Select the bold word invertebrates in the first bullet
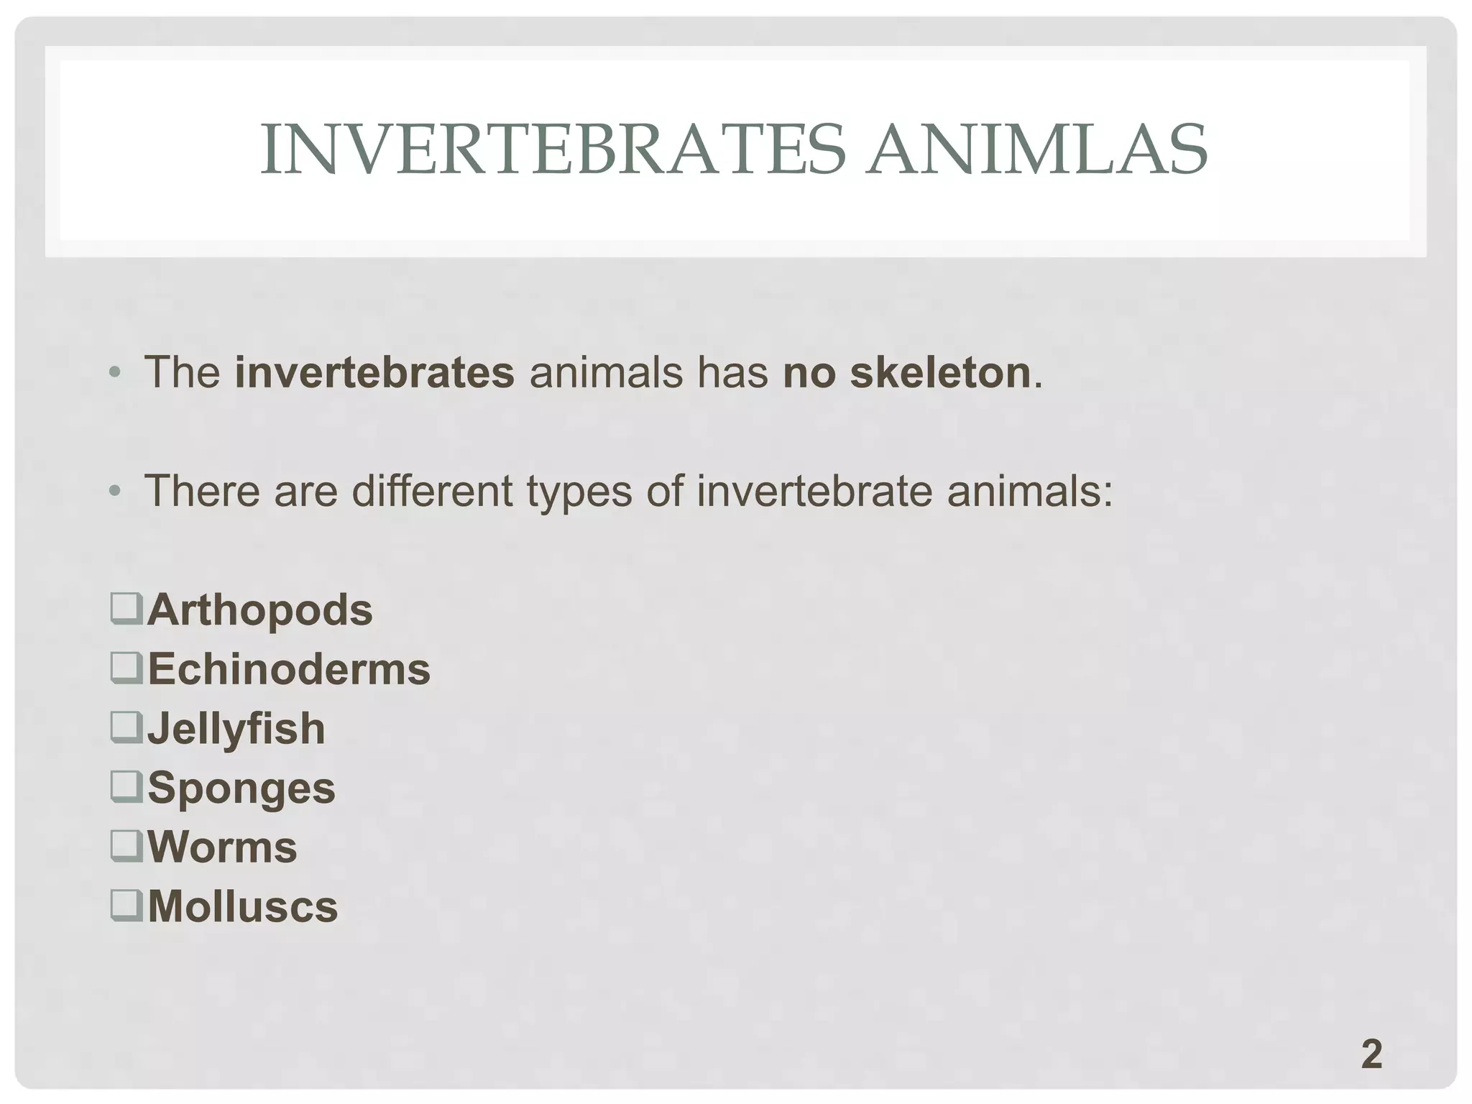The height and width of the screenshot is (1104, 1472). point(374,372)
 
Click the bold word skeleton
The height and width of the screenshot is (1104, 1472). point(941,372)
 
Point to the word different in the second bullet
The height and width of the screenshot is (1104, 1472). point(432,491)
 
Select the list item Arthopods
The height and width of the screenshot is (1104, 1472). point(259,610)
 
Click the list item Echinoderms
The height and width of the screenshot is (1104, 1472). point(288,669)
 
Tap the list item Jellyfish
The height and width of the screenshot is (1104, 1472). point(236,729)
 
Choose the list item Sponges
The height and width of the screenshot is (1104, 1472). point(241,788)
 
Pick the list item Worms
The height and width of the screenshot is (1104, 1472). point(222,847)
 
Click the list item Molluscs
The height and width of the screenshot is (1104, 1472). point(242,906)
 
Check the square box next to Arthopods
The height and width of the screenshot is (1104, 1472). point(126,609)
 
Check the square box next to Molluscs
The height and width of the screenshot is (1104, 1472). point(126,905)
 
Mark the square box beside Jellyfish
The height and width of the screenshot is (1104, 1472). point(126,727)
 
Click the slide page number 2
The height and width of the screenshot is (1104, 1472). point(1371,1054)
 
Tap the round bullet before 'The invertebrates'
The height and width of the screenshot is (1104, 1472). point(115,374)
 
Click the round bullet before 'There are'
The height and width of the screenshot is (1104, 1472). point(115,492)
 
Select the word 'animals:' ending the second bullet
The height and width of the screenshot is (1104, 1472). point(1029,491)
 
